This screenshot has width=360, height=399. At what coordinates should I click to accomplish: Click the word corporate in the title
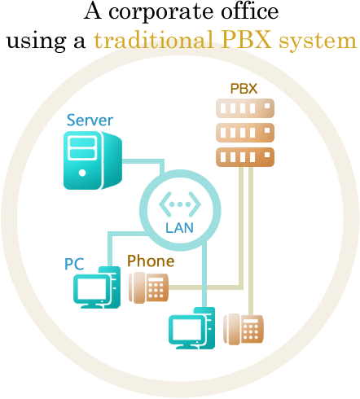[161, 12]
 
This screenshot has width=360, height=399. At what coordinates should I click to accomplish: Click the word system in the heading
[318, 42]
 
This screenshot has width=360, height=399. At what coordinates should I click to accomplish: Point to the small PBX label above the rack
[244, 89]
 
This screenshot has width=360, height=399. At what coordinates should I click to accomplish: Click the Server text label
[90, 120]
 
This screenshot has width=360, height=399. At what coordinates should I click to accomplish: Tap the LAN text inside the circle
[179, 228]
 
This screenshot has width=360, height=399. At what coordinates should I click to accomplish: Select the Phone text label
[151, 261]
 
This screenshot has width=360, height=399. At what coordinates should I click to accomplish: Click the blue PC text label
[74, 264]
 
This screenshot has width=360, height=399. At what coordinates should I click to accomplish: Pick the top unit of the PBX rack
[245, 108]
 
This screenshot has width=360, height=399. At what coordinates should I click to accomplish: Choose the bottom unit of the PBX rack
[245, 157]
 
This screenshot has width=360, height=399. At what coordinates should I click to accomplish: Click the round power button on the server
[82, 173]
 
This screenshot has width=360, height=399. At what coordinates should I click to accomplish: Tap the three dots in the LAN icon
[180, 204]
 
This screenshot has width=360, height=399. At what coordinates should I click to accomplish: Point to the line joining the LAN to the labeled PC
[120, 234]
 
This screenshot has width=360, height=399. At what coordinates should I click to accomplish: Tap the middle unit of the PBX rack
[245, 133]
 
